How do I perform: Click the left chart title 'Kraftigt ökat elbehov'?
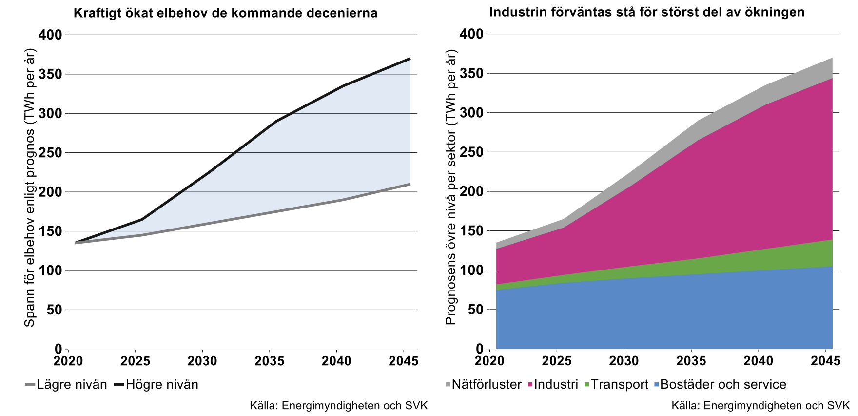225,13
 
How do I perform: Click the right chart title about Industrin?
647,12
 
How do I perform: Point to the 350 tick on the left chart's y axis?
51,74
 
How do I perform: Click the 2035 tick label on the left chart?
270,361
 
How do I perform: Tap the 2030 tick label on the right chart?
624,361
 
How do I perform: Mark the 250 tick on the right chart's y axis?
471,152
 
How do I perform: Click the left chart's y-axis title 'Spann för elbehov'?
30,188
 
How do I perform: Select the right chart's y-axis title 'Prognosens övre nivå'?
451,188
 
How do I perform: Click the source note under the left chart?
338,406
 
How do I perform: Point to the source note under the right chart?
760,406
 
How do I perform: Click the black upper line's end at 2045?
409,59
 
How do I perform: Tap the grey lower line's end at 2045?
409,184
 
